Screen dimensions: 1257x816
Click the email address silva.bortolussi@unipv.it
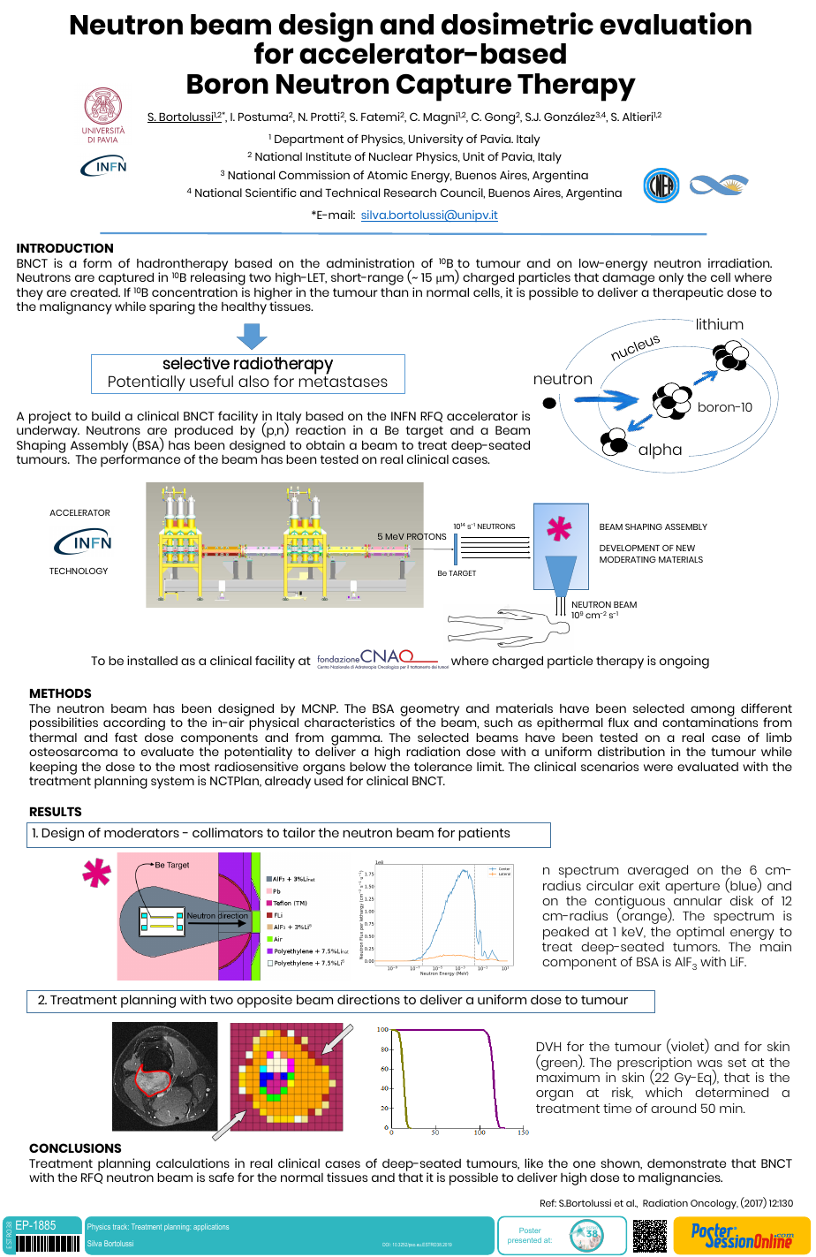(429, 215)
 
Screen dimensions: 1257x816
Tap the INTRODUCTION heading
(64, 248)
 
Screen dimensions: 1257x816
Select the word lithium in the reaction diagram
(719, 324)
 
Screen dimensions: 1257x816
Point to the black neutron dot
(548, 404)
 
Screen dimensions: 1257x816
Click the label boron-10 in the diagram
(724, 407)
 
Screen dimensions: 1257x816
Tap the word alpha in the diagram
(660, 450)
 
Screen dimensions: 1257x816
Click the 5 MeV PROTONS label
(412, 536)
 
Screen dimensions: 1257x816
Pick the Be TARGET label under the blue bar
(457, 573)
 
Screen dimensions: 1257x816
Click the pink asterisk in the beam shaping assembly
(558, 528)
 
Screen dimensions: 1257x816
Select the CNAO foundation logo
(377, 660)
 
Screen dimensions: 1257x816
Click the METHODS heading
(60, 693)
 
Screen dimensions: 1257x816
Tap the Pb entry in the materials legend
(276, 891)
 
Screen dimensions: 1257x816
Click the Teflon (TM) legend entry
(289, 903)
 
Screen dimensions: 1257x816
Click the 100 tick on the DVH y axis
(382, 1030)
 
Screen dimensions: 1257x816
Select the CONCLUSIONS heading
(75, 1148)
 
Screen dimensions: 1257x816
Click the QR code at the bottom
(649, 1235)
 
